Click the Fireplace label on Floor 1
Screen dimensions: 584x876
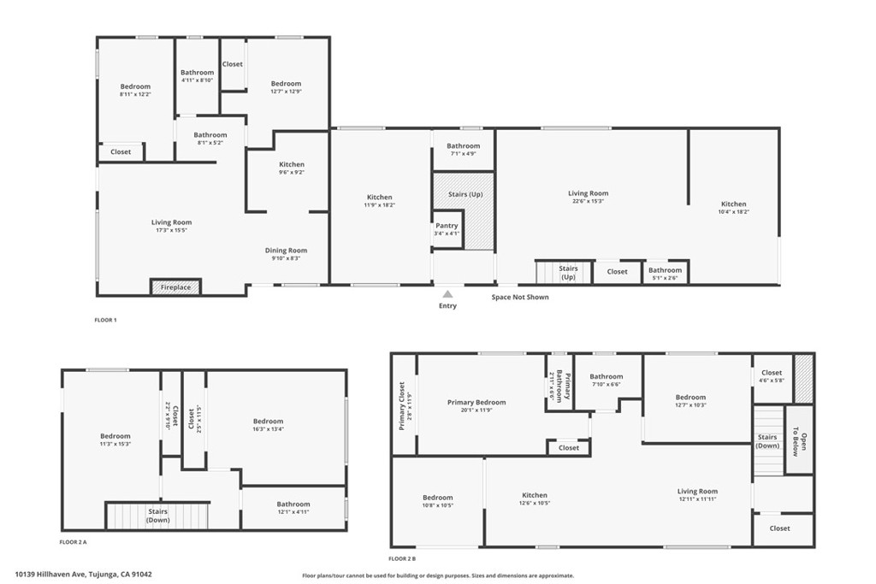point(175,287)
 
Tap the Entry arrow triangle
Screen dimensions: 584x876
point(447,293)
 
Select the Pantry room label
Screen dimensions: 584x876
point(447,226)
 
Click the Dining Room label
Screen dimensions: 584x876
point(286,251)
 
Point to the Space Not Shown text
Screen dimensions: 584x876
point(520,298)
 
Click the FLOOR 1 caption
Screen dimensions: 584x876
point(105,320)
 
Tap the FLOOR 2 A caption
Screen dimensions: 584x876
point(73,542)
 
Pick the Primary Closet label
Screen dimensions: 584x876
point(403,404)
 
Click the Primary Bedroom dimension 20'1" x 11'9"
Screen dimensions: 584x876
point(476,410)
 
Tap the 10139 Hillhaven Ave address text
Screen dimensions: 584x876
point(84,575)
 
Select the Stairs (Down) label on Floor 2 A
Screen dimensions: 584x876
point(157,516)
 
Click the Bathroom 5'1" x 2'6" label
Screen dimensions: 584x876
point(665,274)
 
